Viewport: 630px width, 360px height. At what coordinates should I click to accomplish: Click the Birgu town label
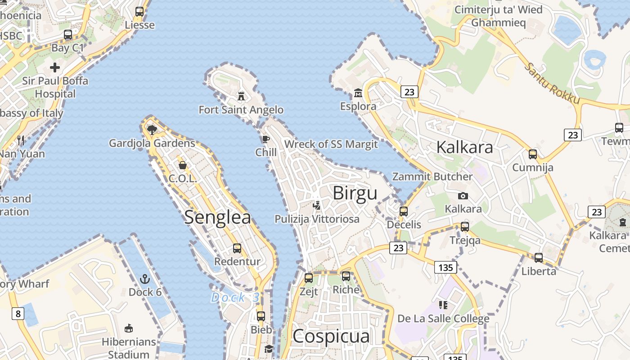[355, 193]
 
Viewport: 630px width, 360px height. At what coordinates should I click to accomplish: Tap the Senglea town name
[217, 217]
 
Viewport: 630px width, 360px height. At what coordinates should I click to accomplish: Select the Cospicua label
[331, 336]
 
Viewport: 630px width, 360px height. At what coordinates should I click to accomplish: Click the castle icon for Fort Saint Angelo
[242, 96]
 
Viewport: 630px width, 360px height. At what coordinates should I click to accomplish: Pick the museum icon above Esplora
[358, 93]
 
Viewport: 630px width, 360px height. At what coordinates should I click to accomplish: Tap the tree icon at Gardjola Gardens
[152, 130]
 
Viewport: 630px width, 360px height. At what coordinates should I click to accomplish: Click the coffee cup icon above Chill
[266, 139]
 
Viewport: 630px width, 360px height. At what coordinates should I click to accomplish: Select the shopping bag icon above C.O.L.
[183, 165]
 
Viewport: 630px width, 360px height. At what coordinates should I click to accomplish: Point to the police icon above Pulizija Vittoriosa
[317, 205]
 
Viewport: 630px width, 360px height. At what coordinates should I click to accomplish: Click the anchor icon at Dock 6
[144, 279]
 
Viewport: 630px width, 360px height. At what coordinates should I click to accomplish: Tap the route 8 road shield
[18, 313]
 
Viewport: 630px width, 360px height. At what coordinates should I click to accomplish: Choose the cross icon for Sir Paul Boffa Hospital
[55, 67]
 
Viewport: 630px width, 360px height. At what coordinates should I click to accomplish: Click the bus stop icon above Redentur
[237, 248]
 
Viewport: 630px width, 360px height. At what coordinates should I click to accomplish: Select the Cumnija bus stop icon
[533, 154]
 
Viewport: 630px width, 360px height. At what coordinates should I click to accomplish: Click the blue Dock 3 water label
[235, 297]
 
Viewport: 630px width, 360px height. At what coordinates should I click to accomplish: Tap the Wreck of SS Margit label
[331, 144]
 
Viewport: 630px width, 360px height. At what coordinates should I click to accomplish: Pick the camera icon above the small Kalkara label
[463, 196]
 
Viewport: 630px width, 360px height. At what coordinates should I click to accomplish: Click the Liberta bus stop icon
[539, 258]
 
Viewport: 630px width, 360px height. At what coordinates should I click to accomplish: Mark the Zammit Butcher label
[432, 176]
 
